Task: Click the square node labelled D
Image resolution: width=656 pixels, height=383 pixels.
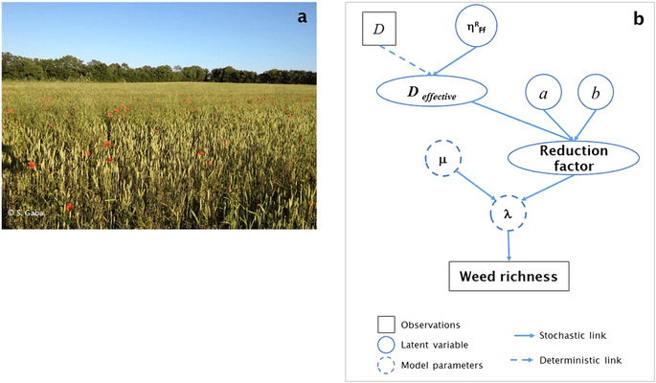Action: (378, 31)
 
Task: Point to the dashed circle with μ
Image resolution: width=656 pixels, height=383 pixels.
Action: (442, 161)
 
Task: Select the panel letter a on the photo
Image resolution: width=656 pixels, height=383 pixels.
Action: (302, 16)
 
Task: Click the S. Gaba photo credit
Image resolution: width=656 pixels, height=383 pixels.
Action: (23, 210)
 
